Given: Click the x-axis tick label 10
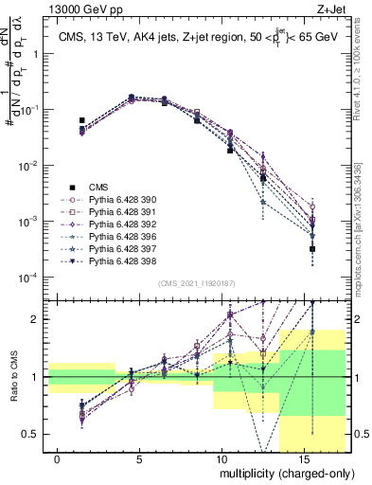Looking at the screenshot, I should coord(221,458).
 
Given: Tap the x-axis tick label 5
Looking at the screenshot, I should coord(140,458).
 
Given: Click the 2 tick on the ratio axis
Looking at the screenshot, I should coord(35,319).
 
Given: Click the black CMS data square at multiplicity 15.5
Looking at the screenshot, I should coord(312,248).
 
